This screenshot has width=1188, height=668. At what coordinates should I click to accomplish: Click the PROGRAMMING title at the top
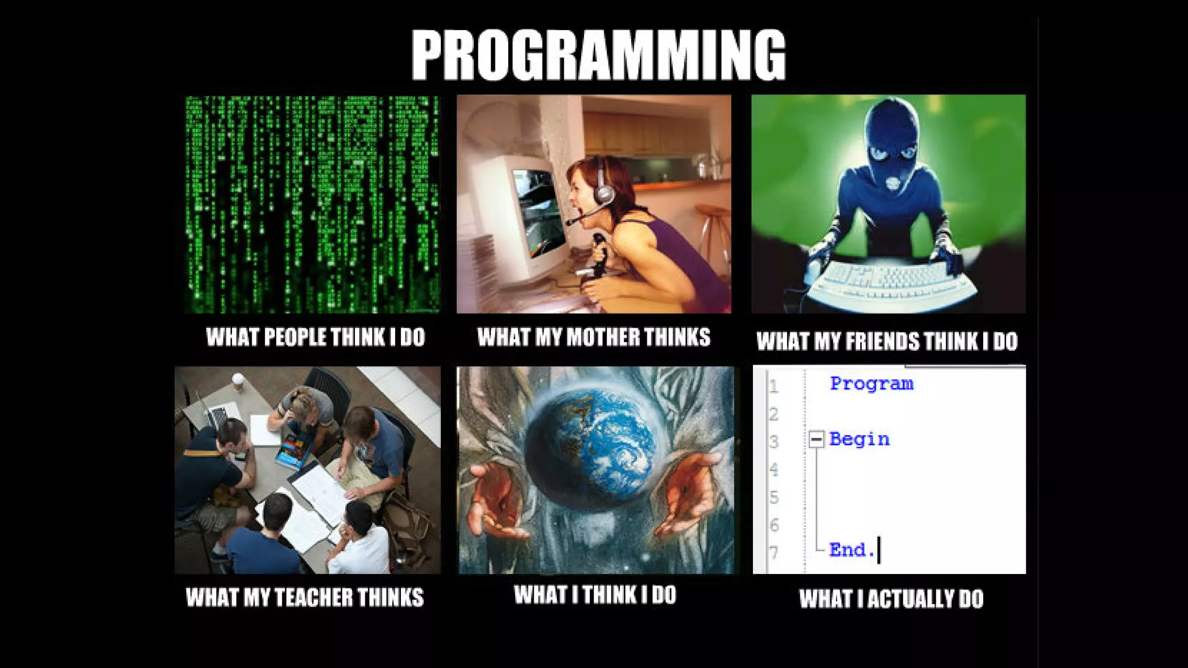click(598, 55)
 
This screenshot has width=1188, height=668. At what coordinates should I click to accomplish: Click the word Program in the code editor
click(871, 384)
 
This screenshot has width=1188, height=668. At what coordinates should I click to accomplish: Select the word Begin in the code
click(859, 440)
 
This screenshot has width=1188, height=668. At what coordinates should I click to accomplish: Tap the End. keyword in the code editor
click(852, 550)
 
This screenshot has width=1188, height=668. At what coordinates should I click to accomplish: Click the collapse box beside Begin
click(816, 440)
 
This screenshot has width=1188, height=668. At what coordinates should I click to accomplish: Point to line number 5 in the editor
click(774, 498)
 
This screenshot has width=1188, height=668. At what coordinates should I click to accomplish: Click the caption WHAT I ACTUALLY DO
click(891, 599)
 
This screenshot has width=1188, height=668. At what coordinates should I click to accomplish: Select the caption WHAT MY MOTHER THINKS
click(593, 337)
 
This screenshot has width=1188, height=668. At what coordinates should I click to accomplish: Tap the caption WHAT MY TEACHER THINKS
click(305, 597)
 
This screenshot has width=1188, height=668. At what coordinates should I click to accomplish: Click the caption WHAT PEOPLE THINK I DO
click(316, 337)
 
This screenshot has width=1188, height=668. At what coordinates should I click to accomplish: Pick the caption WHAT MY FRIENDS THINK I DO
click(887, 341)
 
